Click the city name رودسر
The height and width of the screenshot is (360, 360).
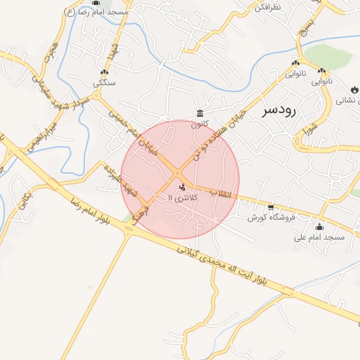tap(282, 110)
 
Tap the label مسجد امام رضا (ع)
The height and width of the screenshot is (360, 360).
tap(96, 13)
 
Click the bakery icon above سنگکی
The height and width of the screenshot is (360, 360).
tap(105, 72)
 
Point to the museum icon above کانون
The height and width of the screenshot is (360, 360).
tap(200, 114)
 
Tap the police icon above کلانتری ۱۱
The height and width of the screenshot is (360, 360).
tap(183, 187)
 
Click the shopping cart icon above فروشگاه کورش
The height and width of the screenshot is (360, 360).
tap(271, 207)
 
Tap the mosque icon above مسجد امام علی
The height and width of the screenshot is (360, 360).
tap(320, 226)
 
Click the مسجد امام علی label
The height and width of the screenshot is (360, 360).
tap(320, 238)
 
